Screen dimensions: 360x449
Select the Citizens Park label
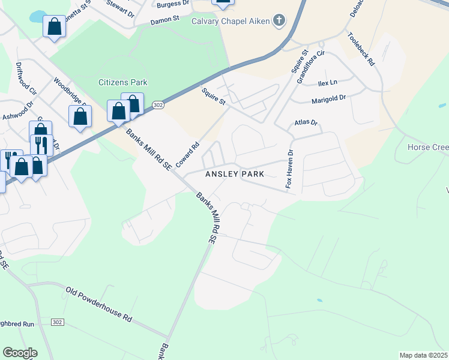123,82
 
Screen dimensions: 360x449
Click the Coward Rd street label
187,154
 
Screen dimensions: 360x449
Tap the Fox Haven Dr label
289,169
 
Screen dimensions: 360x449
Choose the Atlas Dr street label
306,122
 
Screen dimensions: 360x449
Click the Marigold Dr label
329,98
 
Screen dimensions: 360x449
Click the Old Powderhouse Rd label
98,305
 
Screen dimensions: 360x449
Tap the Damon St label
165,19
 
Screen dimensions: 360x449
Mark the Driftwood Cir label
26,79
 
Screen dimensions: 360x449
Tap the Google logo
20,353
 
